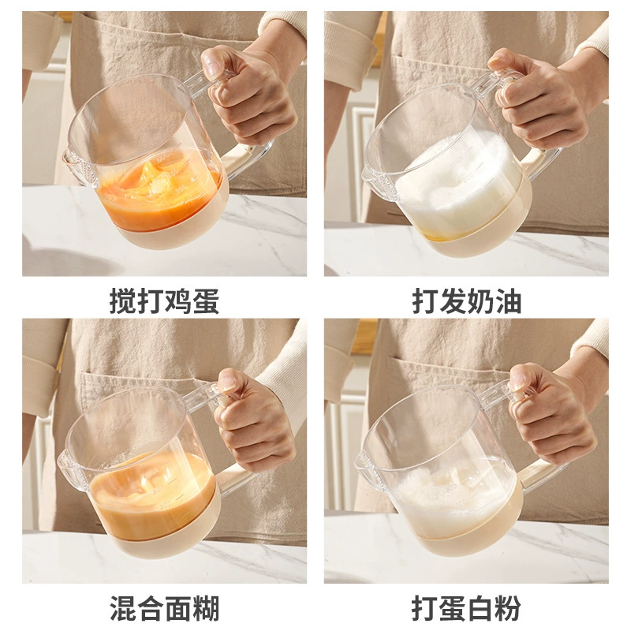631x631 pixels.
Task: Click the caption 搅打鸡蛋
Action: pyautogui.click(x=164, y=301)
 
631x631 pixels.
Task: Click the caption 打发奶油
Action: pyautogui.click(x=466, y=301)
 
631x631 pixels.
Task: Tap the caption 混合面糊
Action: pyautogui.click(x=164, y=608)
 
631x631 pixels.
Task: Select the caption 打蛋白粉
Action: pyautogui.click(x=466, y=608)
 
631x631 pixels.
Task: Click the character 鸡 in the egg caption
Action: pyautogui.click(x=178, y=301)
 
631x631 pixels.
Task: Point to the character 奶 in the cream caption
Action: pyautogui.click(x=480, y=301)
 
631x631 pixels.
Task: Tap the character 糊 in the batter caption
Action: pyautogui.click(x=206, y=608)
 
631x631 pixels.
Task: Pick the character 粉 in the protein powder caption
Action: pyautogui.click(x=508, y=608)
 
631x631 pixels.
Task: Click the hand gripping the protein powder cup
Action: pyautogui.click(x=551, y=410)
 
